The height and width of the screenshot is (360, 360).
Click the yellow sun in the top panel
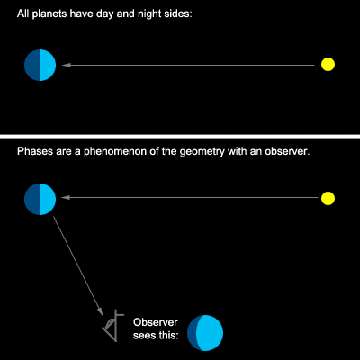pyautogui.click(x=328, y=64)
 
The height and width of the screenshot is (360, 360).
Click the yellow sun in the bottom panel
pyautogui.click(x=328, y=198)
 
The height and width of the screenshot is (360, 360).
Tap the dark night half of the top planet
pyautogui.click(x=32, y=65)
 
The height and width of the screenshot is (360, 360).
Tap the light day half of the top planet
pyautogui.click(x=48, y=65)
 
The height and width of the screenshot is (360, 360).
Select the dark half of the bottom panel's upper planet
pyautogui.click(x=32, y=199)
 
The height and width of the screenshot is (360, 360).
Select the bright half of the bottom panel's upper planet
pyautogui.click(x=48, y=199)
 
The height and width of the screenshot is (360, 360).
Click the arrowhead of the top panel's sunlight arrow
pyautogui.click(x=66, y=65)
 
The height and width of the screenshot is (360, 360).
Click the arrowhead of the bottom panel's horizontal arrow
pyautogui.click(x=66, y=197)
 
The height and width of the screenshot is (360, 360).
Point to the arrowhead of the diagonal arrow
pyautogui.click(x=101, y=311)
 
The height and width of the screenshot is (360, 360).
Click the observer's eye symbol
pyautogui.click(x=113, y=326)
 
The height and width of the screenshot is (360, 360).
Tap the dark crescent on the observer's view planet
pyautogui.click(x=192, y=333)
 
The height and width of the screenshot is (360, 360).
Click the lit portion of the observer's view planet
pyautogui.click(x=210, y=333)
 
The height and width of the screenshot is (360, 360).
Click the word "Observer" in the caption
pyautogui.click(x=156, y=322)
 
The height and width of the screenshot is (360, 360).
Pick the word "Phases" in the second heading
pyautogui.click(x=36, y=151)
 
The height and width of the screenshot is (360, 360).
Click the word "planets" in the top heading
pyautogui.click(x=48, y=14)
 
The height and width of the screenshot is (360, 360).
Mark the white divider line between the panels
pyautogui.click(x=180, y=137)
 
